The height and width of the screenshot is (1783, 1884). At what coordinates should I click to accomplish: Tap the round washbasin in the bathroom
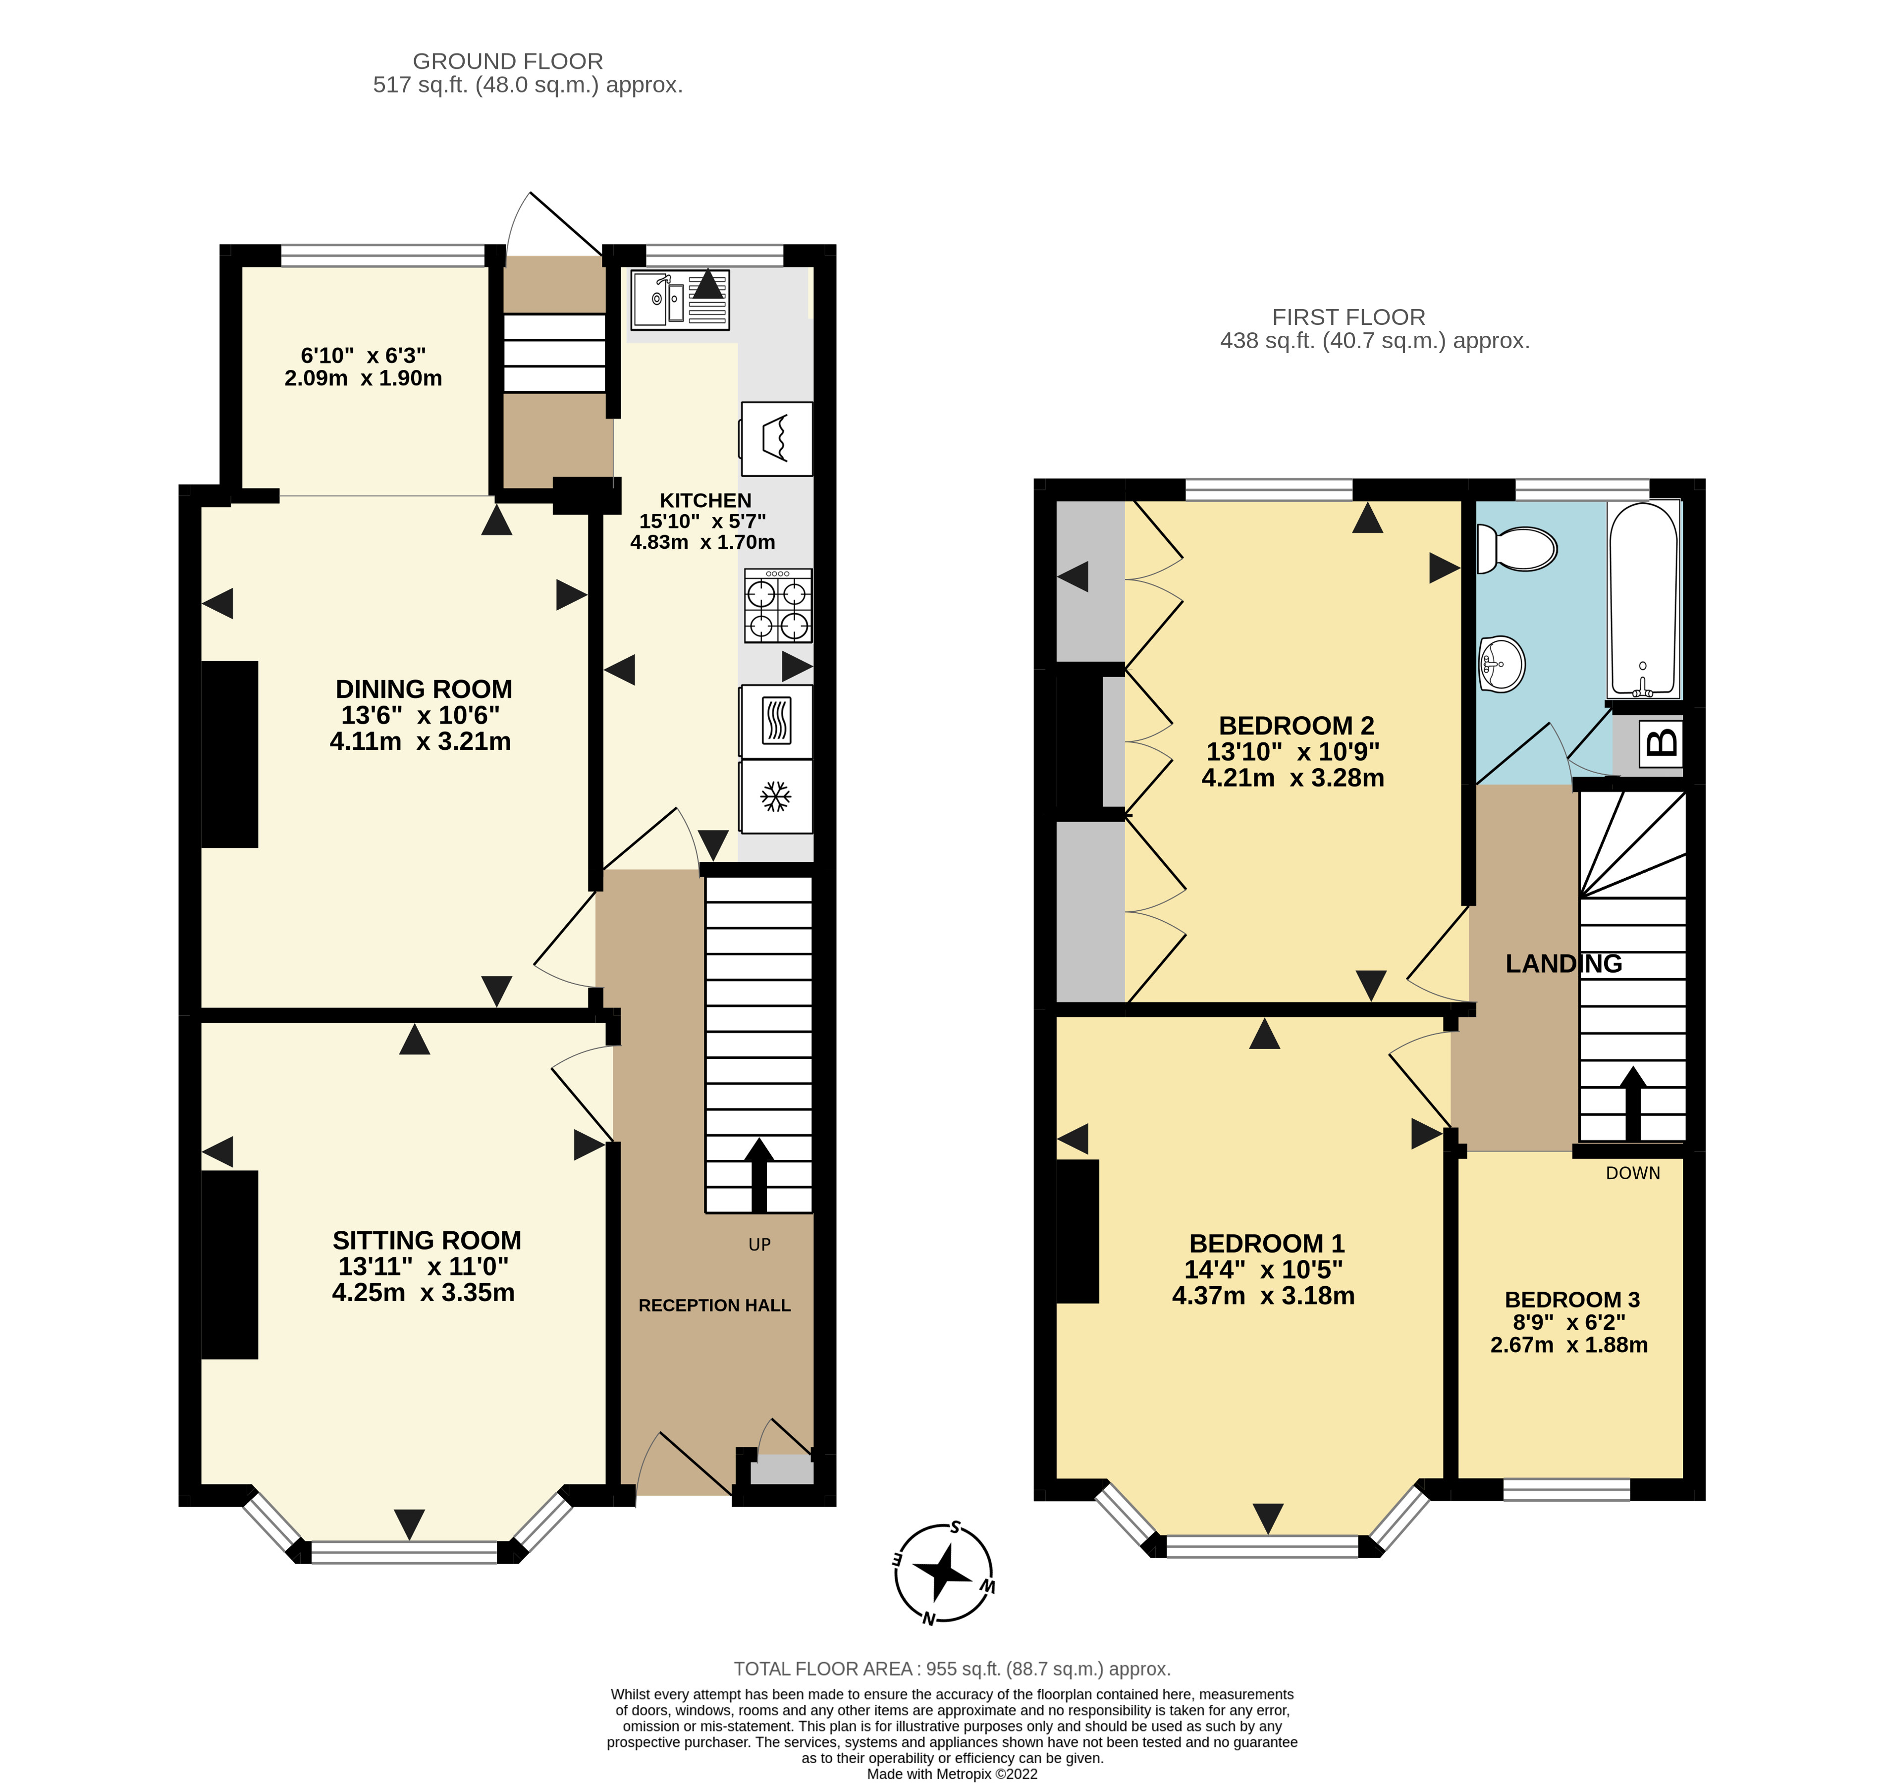(1502, 663)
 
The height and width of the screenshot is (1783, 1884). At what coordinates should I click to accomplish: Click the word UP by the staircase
(759, 1245)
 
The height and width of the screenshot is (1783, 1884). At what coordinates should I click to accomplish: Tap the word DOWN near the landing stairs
(1633, 1174)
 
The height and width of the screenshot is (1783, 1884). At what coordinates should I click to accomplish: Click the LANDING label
(1563, 964)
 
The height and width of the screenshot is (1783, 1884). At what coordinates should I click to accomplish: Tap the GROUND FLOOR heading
(508, 61)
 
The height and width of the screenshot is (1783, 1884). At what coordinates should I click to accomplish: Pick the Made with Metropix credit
(952, 1774)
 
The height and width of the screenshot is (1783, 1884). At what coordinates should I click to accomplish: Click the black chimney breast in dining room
(229, 754)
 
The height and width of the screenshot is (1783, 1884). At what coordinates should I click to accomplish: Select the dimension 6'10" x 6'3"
(363, 356)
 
